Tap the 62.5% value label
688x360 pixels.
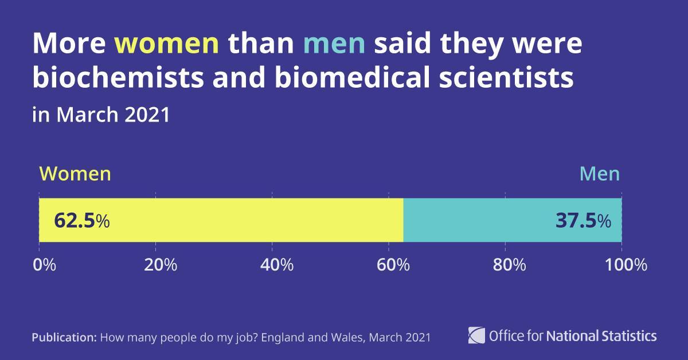pos(81,221)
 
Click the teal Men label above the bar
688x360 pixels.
pos(600,174)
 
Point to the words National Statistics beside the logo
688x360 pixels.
pos(601,335)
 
